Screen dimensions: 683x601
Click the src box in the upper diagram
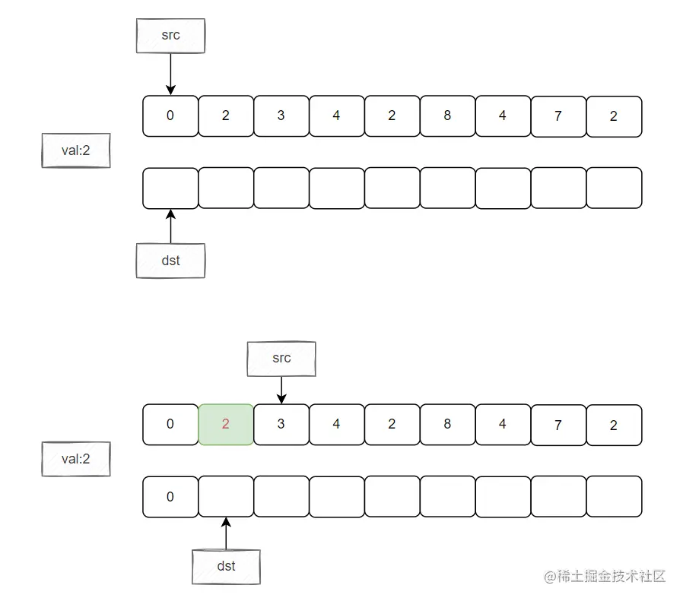[x=170, y=36]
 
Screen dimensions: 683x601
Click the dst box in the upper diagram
[x=170, y=261]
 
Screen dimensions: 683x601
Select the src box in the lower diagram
[x=281, y=359]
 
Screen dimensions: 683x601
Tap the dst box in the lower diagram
[x=226, y=566]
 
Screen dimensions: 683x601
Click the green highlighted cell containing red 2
[x=225, y=424]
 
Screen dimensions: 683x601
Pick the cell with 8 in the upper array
[x=447, y=115]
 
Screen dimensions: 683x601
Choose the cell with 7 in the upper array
[x=558, y=115]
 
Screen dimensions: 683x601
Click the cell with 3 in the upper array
[x=281, y=115]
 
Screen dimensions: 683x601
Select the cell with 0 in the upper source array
[x=170, y=115]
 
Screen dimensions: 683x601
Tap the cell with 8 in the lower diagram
[x=447, y=424]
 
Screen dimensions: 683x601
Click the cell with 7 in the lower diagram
[x=558, y=424]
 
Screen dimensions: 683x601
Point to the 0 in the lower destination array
[x=170, y=496]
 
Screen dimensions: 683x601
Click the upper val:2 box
[x=75, y=150]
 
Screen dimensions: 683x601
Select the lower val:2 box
[x=75, y=459]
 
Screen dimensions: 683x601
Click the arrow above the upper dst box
[x=170, y=226]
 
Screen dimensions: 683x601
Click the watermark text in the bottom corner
[x=605, y=576]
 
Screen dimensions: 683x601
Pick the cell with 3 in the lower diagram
[x=281, y=424]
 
